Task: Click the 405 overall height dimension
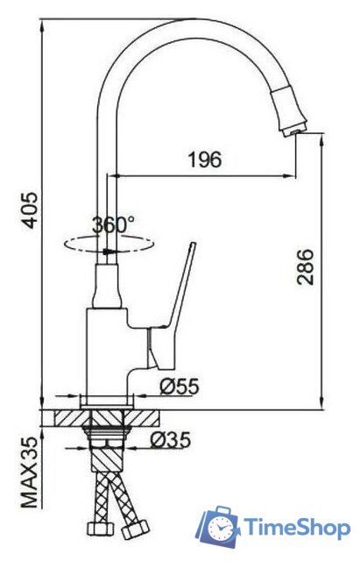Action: point(31,209)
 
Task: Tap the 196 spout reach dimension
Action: point(204,160)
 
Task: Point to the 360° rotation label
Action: point(113,224)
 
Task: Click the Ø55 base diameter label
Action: point(178,386)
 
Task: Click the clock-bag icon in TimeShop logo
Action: point(219,528)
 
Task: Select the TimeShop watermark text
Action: point(298,528)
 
